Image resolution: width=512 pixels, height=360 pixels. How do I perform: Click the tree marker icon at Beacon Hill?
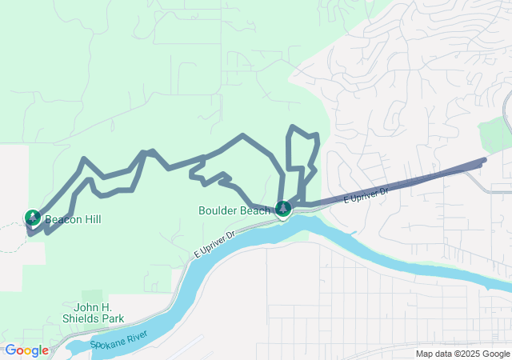point(33,217)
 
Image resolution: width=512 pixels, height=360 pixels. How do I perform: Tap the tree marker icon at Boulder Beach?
point(282,209)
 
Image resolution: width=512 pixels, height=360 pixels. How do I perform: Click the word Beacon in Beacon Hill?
point(64,219)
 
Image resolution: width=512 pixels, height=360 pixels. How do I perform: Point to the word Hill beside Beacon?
point(93,219)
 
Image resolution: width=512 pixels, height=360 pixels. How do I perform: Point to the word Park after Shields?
point(113,318)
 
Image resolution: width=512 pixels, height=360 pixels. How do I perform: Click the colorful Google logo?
point(26,350)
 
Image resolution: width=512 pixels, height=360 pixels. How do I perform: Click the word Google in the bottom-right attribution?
point(495,354)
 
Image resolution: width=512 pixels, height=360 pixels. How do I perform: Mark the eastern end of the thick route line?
point(483,162)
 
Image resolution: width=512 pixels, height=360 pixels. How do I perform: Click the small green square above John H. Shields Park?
point(92,295)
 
